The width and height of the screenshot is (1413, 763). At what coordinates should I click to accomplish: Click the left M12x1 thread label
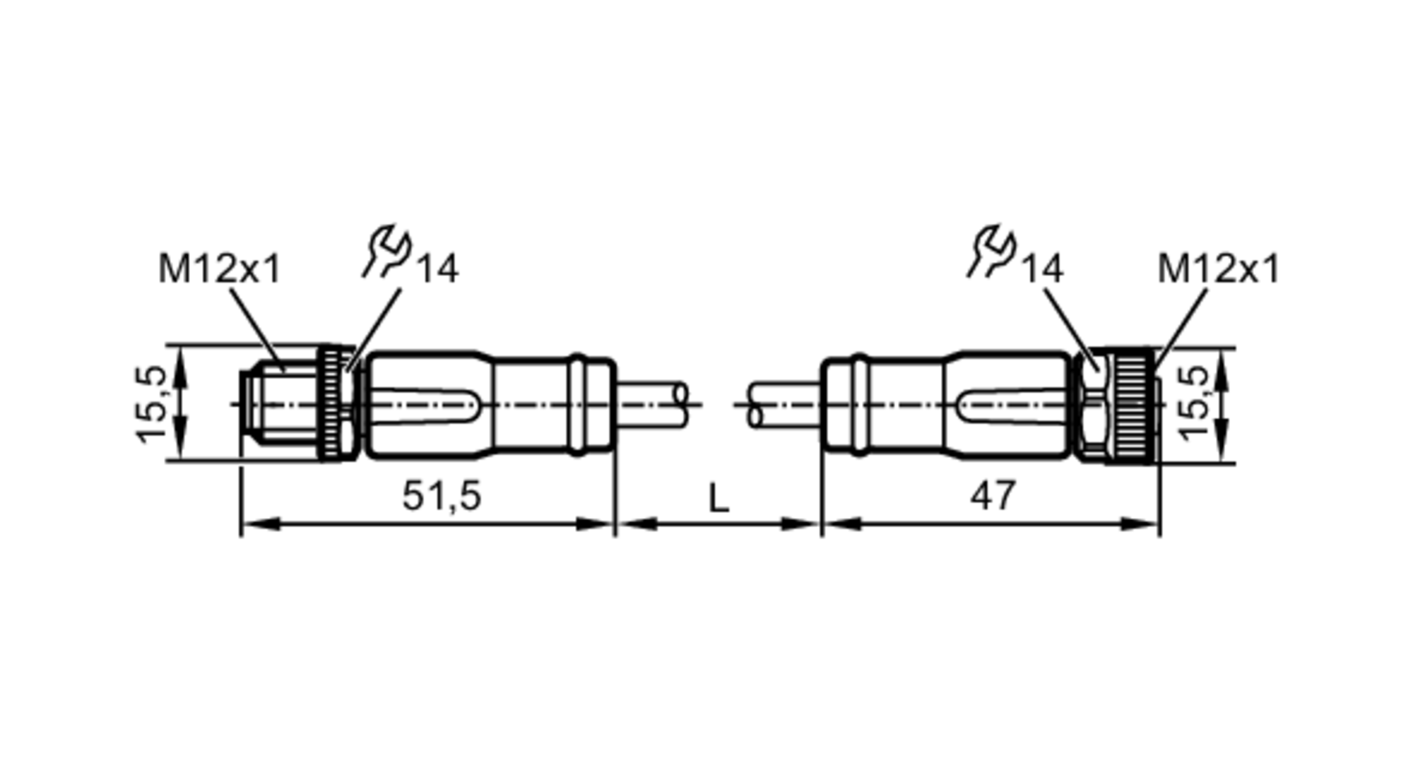click(x=219, y=269)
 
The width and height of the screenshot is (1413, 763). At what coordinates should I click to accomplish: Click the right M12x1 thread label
click(x=1218, y=269)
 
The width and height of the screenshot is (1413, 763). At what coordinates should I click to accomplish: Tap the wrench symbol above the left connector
click(x=387, y=251)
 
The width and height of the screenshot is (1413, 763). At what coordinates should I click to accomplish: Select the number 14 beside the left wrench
click(x=438, y=269)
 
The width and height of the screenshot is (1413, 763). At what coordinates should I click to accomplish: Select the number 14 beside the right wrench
click(x=1042, y=269)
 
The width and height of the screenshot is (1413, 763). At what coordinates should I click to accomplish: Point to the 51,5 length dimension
click(x=442, y=495)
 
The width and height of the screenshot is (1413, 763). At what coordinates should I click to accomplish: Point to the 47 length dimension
click(x=993, y=495)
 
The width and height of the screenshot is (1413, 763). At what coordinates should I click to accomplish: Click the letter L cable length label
click(x=718, y=499)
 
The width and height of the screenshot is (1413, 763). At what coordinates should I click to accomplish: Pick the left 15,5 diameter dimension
click(x=151, y=404)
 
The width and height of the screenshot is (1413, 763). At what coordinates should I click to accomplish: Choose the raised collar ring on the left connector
click(x=578, y=405)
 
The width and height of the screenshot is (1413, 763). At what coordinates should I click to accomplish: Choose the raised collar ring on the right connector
click(x=858, y=405)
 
